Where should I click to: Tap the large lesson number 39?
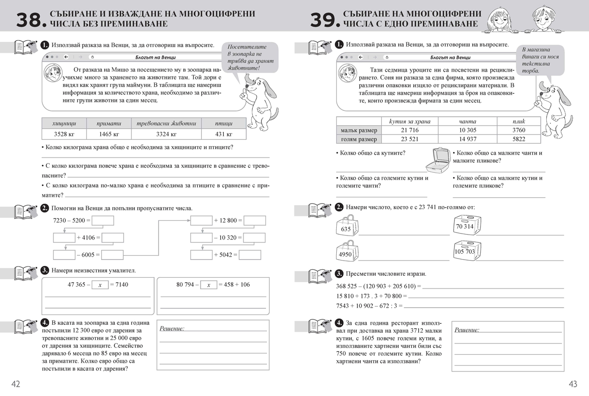click(324, 20)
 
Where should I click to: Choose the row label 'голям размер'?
click(359, 139)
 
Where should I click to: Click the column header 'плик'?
click(518, 121)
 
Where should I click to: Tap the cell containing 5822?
click(518, 139)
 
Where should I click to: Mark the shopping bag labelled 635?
click(347, 227)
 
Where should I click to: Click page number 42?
click(16, 384)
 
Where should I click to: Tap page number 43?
click(573, 384)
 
